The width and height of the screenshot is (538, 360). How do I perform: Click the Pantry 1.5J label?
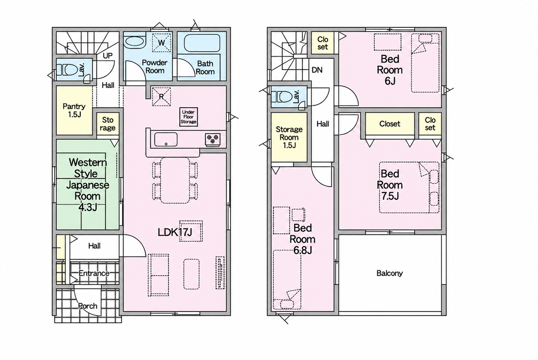(x=74, y=111)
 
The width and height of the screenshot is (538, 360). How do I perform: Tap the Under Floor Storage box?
(x=189, y=117)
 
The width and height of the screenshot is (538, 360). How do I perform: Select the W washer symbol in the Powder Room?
(x=162, y=43)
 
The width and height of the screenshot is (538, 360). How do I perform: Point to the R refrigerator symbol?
(x=162, y=96)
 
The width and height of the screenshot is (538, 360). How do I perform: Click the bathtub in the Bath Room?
(x=202, y=43)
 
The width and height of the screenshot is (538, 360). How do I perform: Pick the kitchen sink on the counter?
(x=166, y=139)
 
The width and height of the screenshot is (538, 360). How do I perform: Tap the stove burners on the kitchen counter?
(x=213, y=140)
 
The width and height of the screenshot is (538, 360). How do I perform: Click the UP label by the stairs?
(x=107, y=56)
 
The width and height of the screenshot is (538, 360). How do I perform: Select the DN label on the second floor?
(x=317, y=70)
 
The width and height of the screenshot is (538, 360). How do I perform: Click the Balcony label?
(x=389, y=273)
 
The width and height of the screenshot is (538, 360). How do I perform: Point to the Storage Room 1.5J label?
(x=289, y=137)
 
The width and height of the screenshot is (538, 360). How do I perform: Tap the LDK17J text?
(x=175, y=232)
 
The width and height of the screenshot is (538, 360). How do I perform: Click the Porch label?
(x=88, y=306)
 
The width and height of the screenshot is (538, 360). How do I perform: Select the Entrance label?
(x=94, y=273)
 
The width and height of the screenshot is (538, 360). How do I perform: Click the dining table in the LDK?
(x=175, y=180)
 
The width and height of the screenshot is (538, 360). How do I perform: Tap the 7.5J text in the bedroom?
(x=390, y=196)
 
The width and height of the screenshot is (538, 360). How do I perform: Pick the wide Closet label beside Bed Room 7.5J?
(x=390, y=124)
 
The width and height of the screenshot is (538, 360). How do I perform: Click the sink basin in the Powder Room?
(x=135, y=43)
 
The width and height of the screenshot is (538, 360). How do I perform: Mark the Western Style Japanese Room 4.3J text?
(x=87, y=185)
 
